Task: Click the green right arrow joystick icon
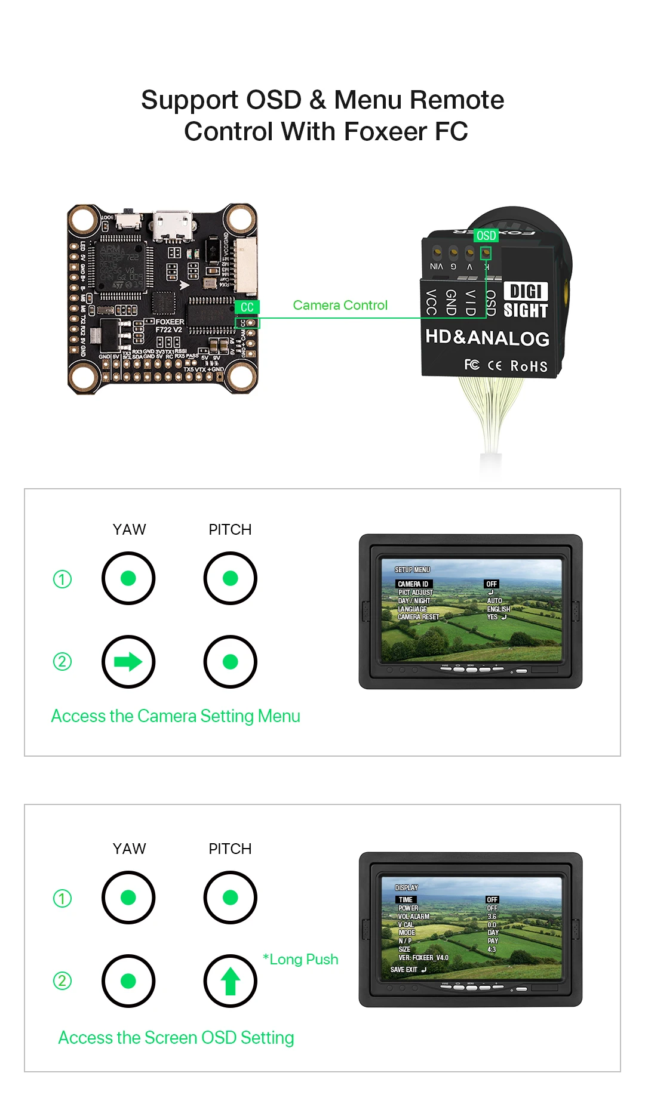(128, 661)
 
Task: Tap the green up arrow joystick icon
(230, 981)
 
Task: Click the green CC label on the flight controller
(247, 307)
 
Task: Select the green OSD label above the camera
(486, 236)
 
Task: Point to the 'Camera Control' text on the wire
(340, 305)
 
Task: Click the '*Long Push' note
(301, 960)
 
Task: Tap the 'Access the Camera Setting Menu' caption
(176, 716)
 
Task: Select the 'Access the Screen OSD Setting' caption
(176, 1038)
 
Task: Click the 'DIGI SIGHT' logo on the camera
(526, 301)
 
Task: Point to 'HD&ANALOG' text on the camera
(487, 338)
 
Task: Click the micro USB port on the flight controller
(173, 225)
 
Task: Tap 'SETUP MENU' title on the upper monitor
(412, 570)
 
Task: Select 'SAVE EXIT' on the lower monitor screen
(404, 970)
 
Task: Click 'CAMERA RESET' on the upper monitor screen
(418, 617)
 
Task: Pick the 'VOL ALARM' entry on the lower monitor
(414, 917)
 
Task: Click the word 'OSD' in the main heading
(274, 100)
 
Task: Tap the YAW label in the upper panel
(129, 529)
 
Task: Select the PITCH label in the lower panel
(230, 849)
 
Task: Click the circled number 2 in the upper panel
(62, 661)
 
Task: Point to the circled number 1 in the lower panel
(62, 898)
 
